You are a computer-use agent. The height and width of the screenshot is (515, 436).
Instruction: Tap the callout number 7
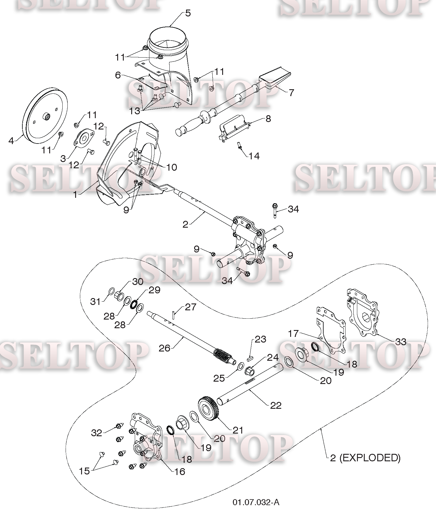pyautogui.click(x=291, y=93)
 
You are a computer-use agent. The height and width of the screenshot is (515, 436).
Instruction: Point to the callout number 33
pyautogui.click(x=401, y=342)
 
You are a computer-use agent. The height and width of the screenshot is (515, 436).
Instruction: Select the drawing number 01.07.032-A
pyautogui.click(x=256, y=502)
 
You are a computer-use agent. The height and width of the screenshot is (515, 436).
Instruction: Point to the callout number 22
pyautogui.click(x=275, y=405)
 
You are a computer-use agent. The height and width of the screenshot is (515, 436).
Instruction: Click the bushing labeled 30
pyautogui.click(x=119, y=295)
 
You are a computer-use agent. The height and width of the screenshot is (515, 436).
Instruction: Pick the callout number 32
pyautogui.click(x=96, y=433)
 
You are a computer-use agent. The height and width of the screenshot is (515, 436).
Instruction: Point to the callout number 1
pyautogui.click(x=75, y=194)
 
